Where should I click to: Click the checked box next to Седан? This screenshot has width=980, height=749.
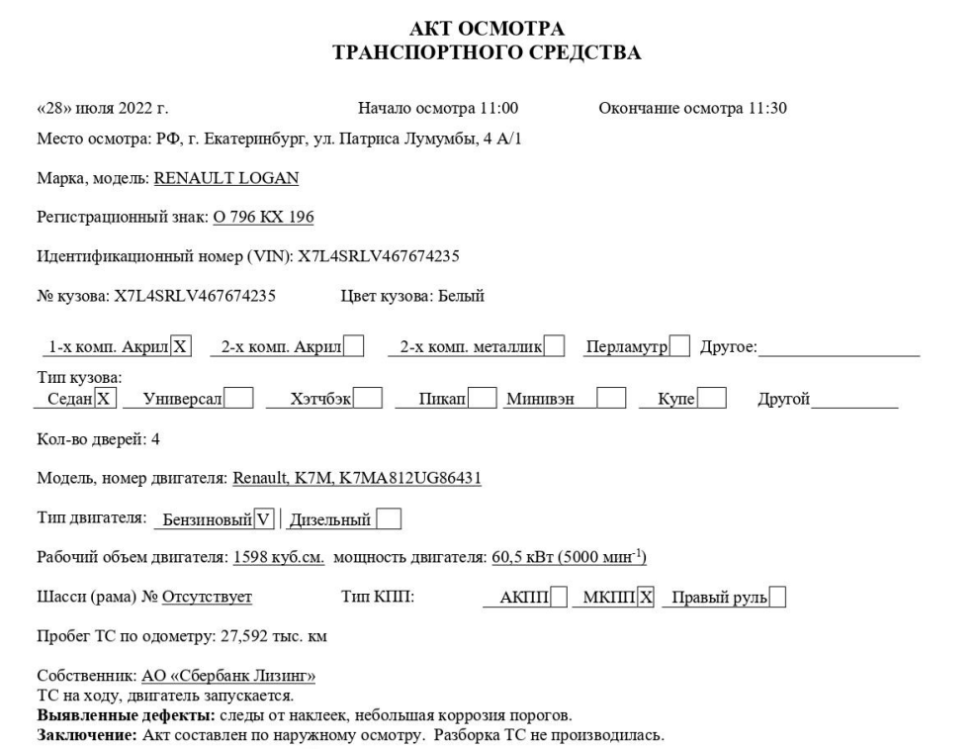pos(107,399)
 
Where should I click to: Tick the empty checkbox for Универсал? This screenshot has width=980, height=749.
pos(239,399)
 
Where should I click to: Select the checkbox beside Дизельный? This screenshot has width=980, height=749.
pos(390,518)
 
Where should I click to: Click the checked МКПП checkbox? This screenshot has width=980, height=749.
pos(646,598)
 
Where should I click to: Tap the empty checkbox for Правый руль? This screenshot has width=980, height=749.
pos(778,598)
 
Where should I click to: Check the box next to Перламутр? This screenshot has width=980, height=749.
pos(680,346)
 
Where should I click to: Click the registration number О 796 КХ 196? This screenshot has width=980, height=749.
pos(263,217)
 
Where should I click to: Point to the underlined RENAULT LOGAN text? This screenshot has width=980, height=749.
pos(226,178)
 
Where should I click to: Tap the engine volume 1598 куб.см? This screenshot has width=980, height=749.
pos(279,558)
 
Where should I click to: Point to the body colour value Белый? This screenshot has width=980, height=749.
pos(460,295)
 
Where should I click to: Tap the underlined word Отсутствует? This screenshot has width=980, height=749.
pos(207,597)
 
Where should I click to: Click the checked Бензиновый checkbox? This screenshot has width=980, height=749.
pos(263,518)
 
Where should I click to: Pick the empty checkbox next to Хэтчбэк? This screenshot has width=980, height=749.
pos(368,399)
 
